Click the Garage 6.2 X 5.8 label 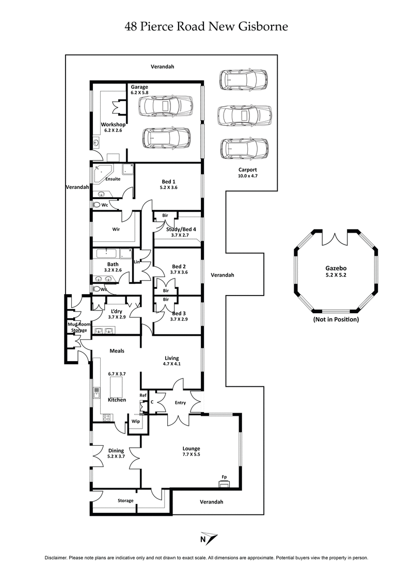(x=139, y=90)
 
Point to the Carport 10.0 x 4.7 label (x=247, y=172)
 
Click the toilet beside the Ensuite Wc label (x=97, y=205)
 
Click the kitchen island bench (x=117, y=386)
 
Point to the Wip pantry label (x=136, y=421)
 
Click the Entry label (x=180, y=403)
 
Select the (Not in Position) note (x=336, y=320)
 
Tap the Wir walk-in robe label (x=116, y=230)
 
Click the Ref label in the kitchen (x=144, y=396)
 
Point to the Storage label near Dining (x=125, y=500)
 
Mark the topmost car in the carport (x=243, y=80)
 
